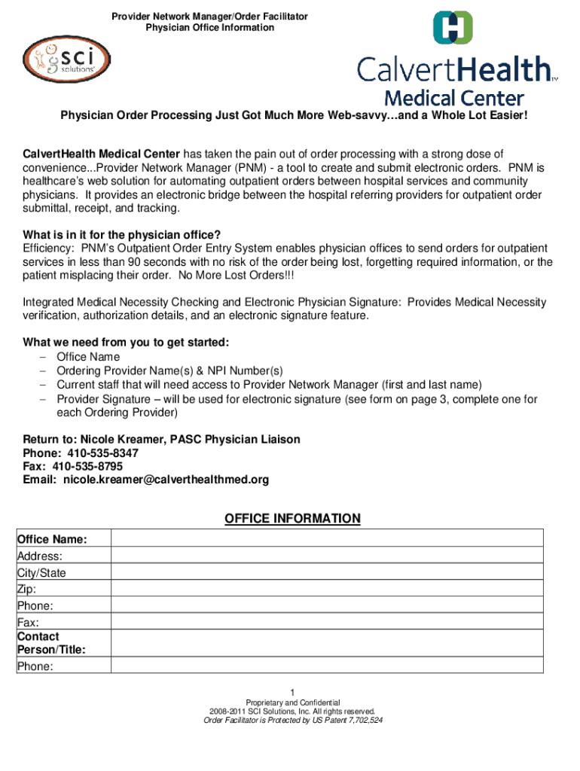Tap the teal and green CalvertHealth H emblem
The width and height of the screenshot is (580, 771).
coord(453,28)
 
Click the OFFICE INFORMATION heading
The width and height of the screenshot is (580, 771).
coord(292,519)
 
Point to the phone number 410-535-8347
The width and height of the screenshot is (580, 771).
coord(102,453)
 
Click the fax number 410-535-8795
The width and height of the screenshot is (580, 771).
coord(93,466)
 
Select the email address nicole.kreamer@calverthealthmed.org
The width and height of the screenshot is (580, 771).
coord(166,480)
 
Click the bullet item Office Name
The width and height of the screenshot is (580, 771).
coord(88,357)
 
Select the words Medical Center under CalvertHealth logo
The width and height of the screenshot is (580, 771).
coord(454,98)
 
